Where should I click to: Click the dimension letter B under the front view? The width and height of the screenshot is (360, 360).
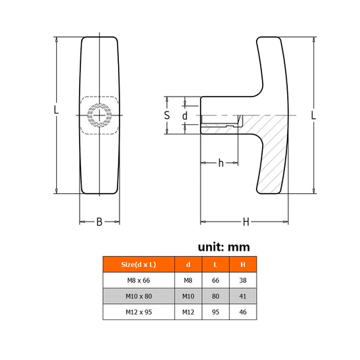[x=99, y=222]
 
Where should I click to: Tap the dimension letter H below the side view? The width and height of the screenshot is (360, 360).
[x=246, y=222]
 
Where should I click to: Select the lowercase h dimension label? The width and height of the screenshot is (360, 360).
[x=221, y=163]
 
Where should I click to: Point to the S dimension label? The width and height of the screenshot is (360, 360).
[x=167, y=115]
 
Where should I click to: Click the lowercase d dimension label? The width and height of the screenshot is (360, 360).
[x=185, y=115]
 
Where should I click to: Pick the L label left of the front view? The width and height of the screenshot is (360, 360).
[x=56, y=109]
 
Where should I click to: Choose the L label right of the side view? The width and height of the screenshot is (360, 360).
[x=313, y=115]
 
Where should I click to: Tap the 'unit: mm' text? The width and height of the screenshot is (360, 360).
[x=224, y=247]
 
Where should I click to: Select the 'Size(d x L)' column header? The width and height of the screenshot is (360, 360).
[x=138, y=265]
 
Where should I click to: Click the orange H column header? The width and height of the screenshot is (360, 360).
[x=243, y=265]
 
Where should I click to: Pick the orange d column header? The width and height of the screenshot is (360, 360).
[x=188, y=265]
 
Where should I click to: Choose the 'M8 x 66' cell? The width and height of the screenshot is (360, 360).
[x=138, y=280]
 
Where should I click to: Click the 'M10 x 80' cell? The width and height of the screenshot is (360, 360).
[x=138, y=297]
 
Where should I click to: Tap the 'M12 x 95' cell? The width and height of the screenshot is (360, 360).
[x=138, y=312]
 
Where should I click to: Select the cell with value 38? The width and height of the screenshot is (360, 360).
[x=243, y=280]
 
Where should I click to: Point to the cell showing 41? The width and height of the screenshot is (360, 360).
[x=243, y=297]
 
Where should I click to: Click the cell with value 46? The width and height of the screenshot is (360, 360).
[x=243, y=312]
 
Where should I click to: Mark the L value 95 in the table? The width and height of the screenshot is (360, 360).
[x=215, y=312]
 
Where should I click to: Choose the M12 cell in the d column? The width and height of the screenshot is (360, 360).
[x=188, y=312]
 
